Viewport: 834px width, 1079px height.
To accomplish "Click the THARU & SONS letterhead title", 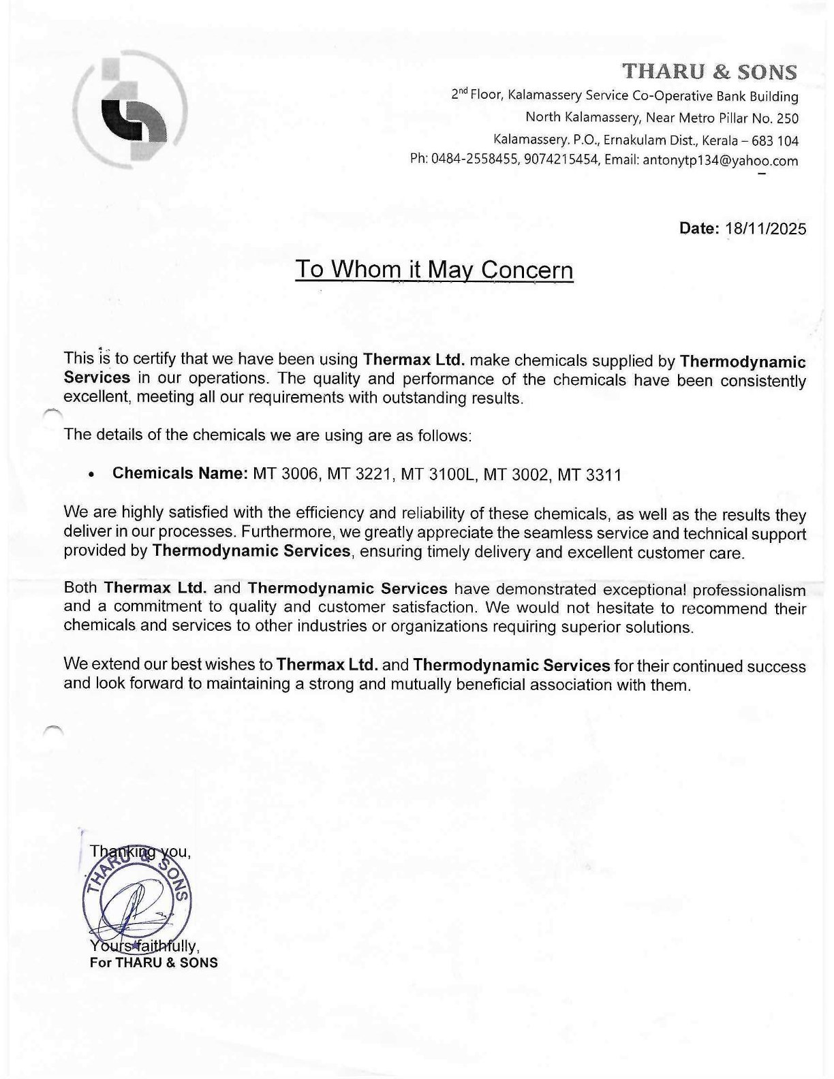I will point(709,72).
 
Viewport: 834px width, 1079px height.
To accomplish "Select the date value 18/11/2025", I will point(767,228).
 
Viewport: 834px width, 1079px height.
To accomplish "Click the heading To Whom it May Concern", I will point(434,270).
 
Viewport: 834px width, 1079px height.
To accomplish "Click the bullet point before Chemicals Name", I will point(91,475).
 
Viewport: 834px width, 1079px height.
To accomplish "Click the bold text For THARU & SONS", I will point(154,963).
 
